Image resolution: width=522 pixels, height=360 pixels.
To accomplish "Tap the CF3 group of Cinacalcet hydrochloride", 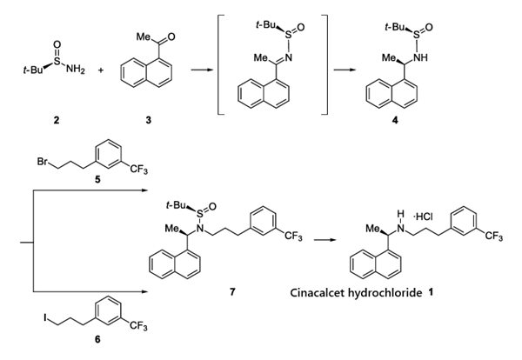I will pyautogui.click(x=499, y=236).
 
